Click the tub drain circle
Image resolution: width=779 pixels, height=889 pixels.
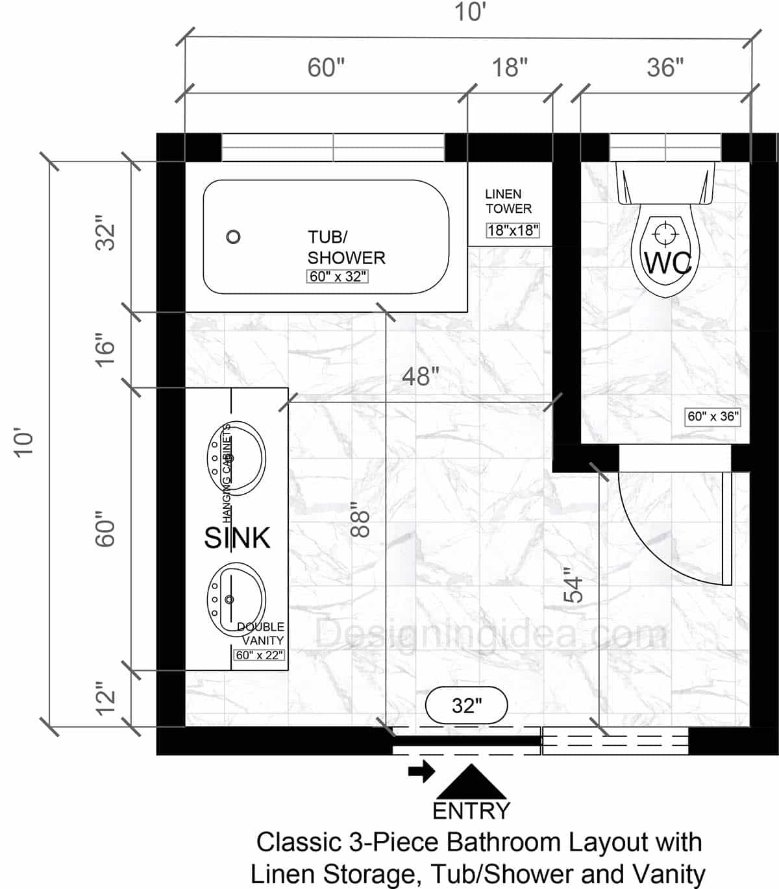233,237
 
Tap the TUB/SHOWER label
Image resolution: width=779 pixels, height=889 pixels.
345,247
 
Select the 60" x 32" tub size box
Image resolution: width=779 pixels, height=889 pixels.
338,276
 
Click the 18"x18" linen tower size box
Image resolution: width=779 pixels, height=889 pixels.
513,230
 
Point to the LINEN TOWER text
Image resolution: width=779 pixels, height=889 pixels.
508,201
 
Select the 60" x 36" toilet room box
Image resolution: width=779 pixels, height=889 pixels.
713,417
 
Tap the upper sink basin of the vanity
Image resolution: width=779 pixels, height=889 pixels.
236,458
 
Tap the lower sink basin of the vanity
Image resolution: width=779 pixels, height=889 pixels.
236,599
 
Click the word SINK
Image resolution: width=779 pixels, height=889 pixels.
237,538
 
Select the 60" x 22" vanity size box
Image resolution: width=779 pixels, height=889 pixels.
259,655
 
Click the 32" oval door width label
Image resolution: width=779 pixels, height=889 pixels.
467,705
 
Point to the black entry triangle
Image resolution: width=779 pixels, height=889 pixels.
471,783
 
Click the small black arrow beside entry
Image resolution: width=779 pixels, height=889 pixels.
421,772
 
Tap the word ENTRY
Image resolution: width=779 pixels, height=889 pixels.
471,811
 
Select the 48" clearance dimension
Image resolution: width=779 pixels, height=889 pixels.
420,376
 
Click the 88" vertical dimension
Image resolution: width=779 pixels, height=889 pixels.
359,520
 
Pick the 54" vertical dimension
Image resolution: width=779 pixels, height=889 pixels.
573,585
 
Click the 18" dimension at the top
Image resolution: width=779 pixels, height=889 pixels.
510,67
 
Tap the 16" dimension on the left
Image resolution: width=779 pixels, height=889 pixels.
105,350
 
